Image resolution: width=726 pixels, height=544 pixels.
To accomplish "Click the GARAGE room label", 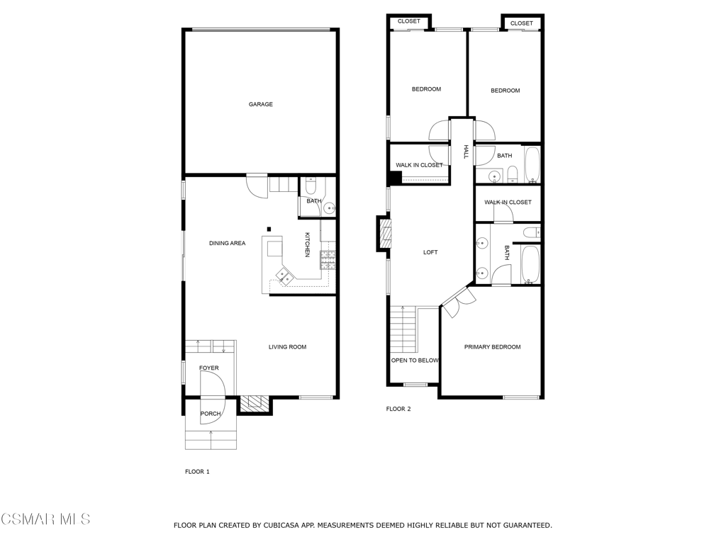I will pos(260,105).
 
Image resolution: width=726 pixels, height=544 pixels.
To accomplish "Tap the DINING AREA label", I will pos(227,244).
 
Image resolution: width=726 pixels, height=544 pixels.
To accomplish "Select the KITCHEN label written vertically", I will pos(308,244).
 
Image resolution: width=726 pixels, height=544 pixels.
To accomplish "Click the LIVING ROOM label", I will pos(287,347).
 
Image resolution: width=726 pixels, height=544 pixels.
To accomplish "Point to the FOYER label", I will pos(208,368).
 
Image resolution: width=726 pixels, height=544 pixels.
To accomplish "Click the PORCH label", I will pos(210,414).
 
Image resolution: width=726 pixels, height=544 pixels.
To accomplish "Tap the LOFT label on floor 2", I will pos(430,253).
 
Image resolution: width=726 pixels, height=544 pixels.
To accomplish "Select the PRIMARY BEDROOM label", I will pos(492,347).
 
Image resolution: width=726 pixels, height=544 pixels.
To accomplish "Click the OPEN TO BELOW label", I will pos(415,361).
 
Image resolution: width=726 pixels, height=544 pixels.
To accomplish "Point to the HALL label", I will pos(466,152).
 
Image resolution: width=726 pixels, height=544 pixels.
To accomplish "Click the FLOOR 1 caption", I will pos(197,472).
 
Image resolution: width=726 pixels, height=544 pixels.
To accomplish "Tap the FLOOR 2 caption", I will pos(398,409).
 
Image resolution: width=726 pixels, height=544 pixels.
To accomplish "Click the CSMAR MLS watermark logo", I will pos(45,520).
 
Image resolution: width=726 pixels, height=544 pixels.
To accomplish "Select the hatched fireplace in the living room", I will pos(255,404).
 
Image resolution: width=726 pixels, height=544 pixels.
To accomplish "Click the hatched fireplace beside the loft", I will pos(385,234).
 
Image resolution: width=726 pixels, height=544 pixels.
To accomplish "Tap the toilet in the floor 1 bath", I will pos(311,188).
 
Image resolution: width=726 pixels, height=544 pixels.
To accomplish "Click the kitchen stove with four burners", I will pos(328,261).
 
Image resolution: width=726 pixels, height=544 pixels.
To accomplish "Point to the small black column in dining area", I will pos(269,229).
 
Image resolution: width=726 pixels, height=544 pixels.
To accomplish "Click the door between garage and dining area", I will pos(256,186).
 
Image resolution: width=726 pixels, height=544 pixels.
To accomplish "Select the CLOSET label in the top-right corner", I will pos(521,23).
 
